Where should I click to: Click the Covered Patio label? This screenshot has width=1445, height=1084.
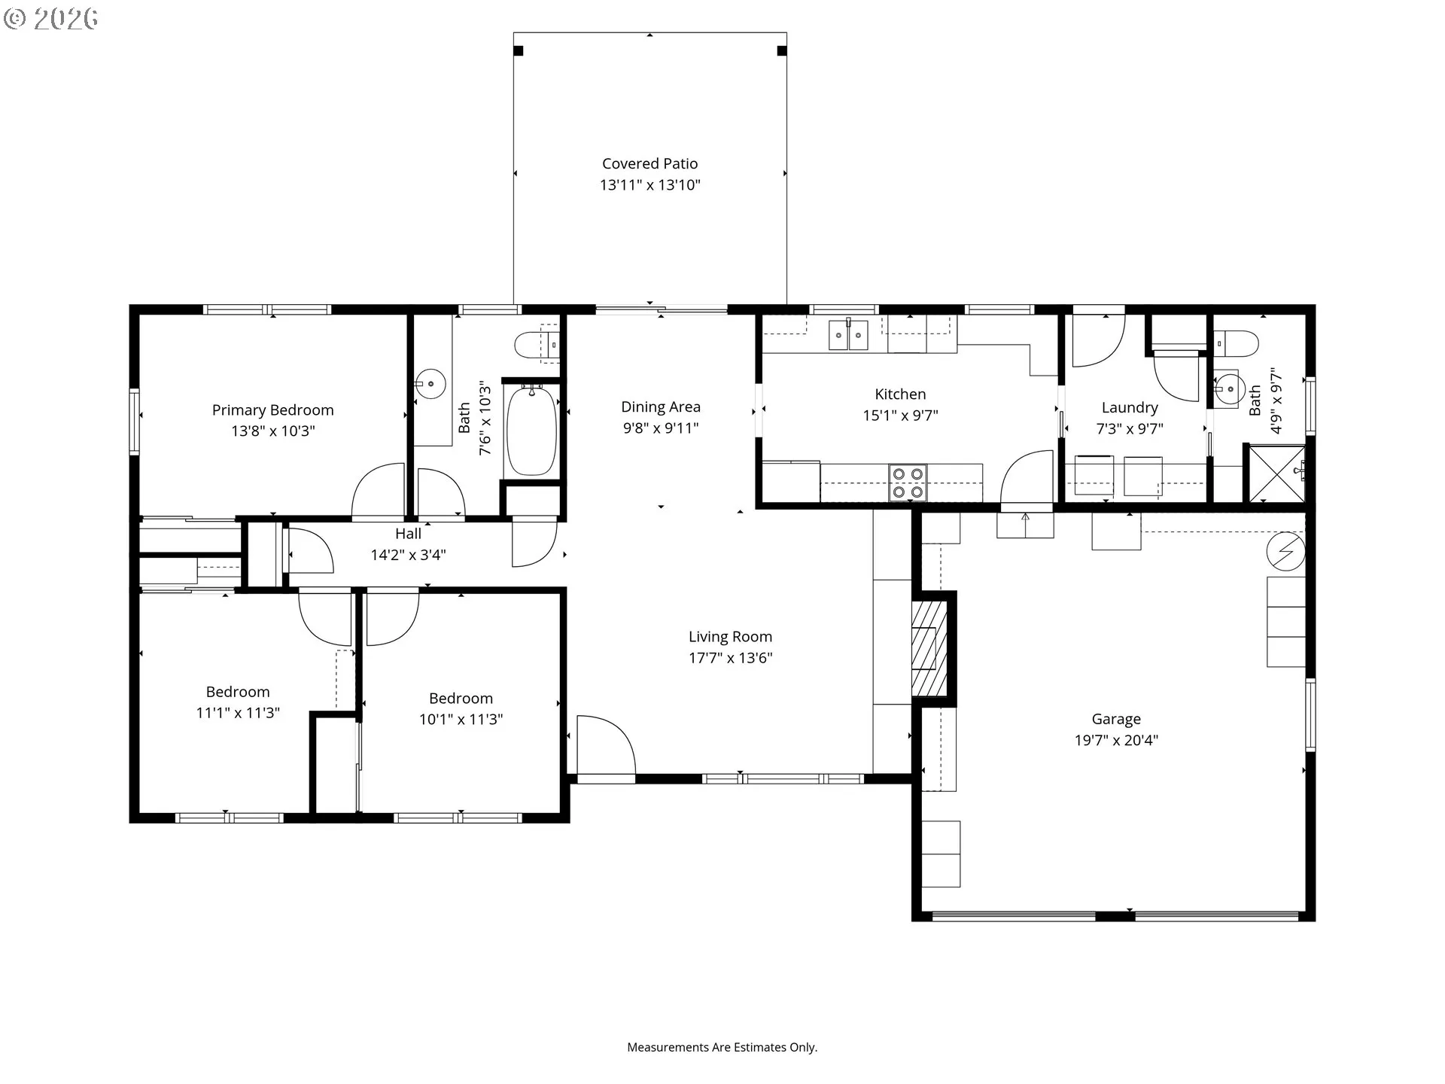650,163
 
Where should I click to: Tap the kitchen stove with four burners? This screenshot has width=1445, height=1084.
908,483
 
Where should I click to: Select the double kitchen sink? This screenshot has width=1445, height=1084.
848,335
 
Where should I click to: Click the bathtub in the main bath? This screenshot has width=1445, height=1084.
531,430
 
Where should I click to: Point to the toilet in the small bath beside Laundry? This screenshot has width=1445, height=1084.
1237,343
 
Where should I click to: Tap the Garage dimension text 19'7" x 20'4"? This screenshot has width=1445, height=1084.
1116,740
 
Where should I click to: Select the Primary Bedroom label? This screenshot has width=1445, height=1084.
272,410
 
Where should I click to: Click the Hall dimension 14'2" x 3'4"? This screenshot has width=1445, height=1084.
408,555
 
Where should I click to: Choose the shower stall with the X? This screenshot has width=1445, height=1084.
1277,473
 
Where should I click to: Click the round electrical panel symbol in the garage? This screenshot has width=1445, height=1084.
1285,551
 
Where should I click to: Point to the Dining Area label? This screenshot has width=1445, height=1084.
661,406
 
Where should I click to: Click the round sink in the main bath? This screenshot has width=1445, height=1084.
430,384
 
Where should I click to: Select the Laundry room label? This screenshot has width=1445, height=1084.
1130,407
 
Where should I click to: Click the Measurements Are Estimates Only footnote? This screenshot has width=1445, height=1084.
722,1047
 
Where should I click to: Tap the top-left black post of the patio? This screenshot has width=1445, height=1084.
519,51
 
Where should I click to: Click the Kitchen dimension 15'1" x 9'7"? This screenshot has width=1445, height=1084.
900,415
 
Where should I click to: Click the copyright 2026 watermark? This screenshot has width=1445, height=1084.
50,18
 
